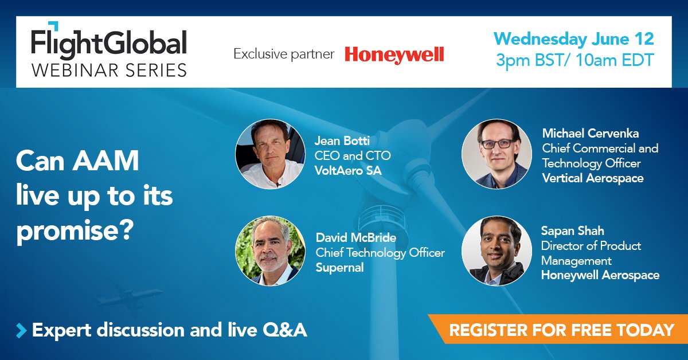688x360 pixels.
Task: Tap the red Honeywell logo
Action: (394, 54)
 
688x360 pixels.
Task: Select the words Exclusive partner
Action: (283, 54)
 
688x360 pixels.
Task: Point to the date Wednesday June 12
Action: (573, 39)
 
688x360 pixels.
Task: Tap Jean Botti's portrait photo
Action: (269, 154)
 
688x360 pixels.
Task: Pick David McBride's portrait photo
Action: (269, 251)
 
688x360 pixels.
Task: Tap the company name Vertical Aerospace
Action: (593, 178)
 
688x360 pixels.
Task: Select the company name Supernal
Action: (340, 268)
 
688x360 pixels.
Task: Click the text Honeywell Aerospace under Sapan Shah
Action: (600, 275)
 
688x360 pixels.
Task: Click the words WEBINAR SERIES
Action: (109, 69)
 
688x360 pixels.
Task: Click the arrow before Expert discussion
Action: (22, 330)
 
